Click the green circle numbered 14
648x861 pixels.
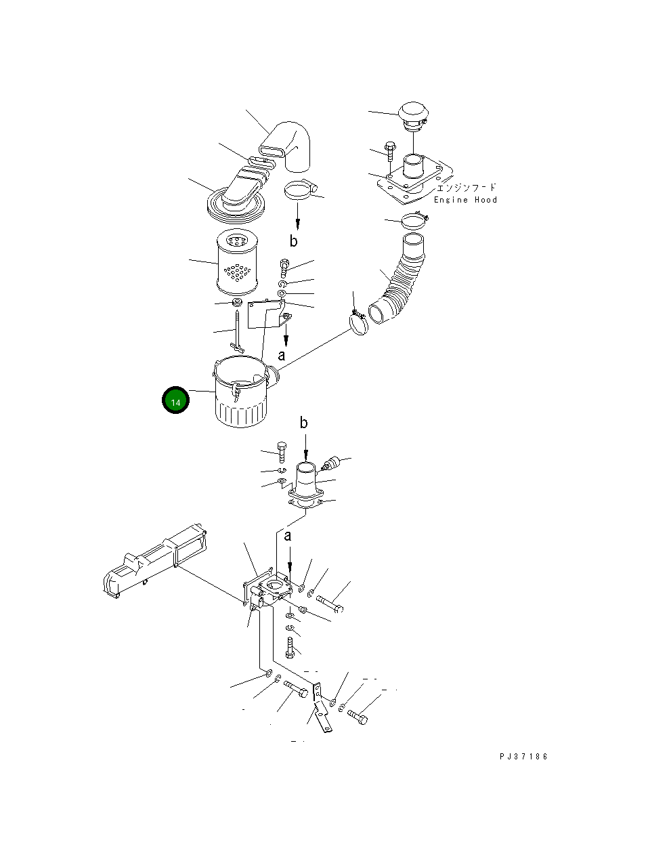pyautogui.click(x=175, y=401)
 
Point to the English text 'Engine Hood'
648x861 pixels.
pyautogui.click(x=465, y=200)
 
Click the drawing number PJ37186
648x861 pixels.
pyautogui.click(x=523, y=757)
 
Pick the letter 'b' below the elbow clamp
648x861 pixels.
pyautogui.click(x=293, y=241)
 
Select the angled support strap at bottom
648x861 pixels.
pyautogui.click(x=321, y=711)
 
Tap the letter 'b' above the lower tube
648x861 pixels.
pyautogui.click(x=304, y=423)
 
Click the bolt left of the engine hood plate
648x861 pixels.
pyautogui.click(x=390, y=152)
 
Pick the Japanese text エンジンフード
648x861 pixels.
pyautogui.click(x=466, y=188)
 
